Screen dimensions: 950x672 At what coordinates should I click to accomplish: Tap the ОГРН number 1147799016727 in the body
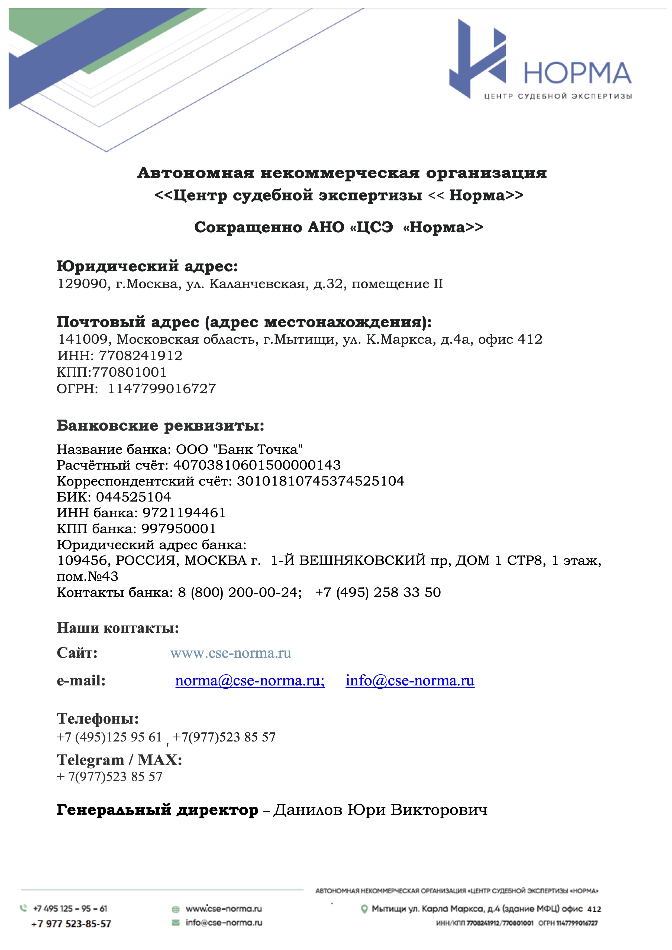click(162, 389)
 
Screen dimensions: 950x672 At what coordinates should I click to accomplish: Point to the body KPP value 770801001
click(129, 372)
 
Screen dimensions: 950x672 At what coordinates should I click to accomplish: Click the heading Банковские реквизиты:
click(160, 425)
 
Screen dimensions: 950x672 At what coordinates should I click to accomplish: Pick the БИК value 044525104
click(133, 497)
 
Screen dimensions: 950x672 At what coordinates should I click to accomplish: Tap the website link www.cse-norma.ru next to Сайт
click(231, 653)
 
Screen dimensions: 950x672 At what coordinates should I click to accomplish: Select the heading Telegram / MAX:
click(119, 760)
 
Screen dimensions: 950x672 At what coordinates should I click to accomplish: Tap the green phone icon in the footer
click(23, 908)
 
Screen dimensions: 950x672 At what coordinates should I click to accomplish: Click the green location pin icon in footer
click(364, 909)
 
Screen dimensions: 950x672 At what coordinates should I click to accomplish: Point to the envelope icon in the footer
click(176, 922)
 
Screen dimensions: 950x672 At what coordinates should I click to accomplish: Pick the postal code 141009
click(82, 339)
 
